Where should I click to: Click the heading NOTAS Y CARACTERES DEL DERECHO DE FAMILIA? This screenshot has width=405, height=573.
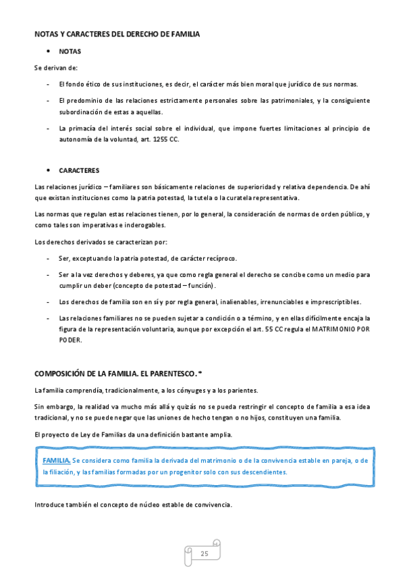point(117,34)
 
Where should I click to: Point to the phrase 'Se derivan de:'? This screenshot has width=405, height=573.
point(56,68)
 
